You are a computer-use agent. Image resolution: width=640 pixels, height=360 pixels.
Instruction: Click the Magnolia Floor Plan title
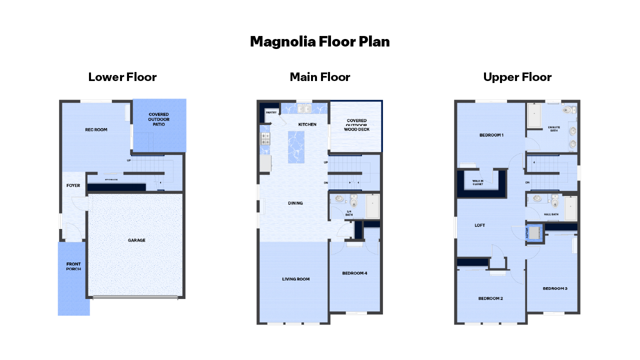[320, 41]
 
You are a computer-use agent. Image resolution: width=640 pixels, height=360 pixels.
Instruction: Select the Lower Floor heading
[122, 77]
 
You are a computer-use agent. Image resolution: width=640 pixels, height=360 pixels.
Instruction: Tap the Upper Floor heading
[517, 77]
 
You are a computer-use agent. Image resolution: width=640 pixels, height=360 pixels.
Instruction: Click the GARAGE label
[136, 240]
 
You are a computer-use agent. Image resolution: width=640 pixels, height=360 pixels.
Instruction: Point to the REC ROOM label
[96, 130]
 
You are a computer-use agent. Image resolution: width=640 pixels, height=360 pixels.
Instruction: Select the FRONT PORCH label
[73, 266]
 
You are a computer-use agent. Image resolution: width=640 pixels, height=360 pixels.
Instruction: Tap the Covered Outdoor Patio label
[159, 119]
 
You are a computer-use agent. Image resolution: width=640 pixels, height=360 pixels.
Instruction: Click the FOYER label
[73, 185]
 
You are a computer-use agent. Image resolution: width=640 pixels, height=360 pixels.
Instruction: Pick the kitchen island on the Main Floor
[296, 147]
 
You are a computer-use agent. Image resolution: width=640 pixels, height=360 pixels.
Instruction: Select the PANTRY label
[271, 113]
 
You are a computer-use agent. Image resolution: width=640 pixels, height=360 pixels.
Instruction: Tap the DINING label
[295, 203]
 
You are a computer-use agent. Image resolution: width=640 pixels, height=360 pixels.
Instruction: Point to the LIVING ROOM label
[295, 279]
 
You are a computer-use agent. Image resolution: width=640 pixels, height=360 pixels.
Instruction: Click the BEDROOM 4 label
[354, 273]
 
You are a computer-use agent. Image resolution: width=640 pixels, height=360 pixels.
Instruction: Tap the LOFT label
[479, 225]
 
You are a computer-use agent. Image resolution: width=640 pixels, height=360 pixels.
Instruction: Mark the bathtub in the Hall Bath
[570, 208]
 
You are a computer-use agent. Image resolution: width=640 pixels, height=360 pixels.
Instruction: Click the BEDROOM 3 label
[555, 288]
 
